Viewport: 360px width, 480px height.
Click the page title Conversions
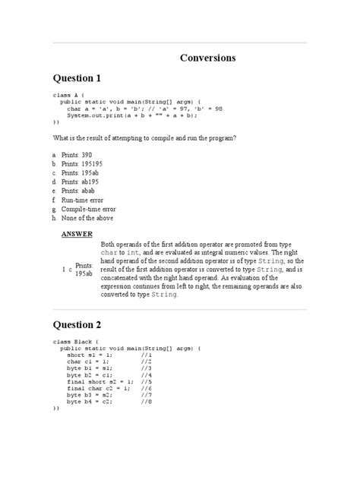[x=207, y=58]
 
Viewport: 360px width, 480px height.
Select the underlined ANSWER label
[x=77, y=234]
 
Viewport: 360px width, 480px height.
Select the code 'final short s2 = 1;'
[x=99, y=381]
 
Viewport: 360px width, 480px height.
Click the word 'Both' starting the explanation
[x=109, y=243]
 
